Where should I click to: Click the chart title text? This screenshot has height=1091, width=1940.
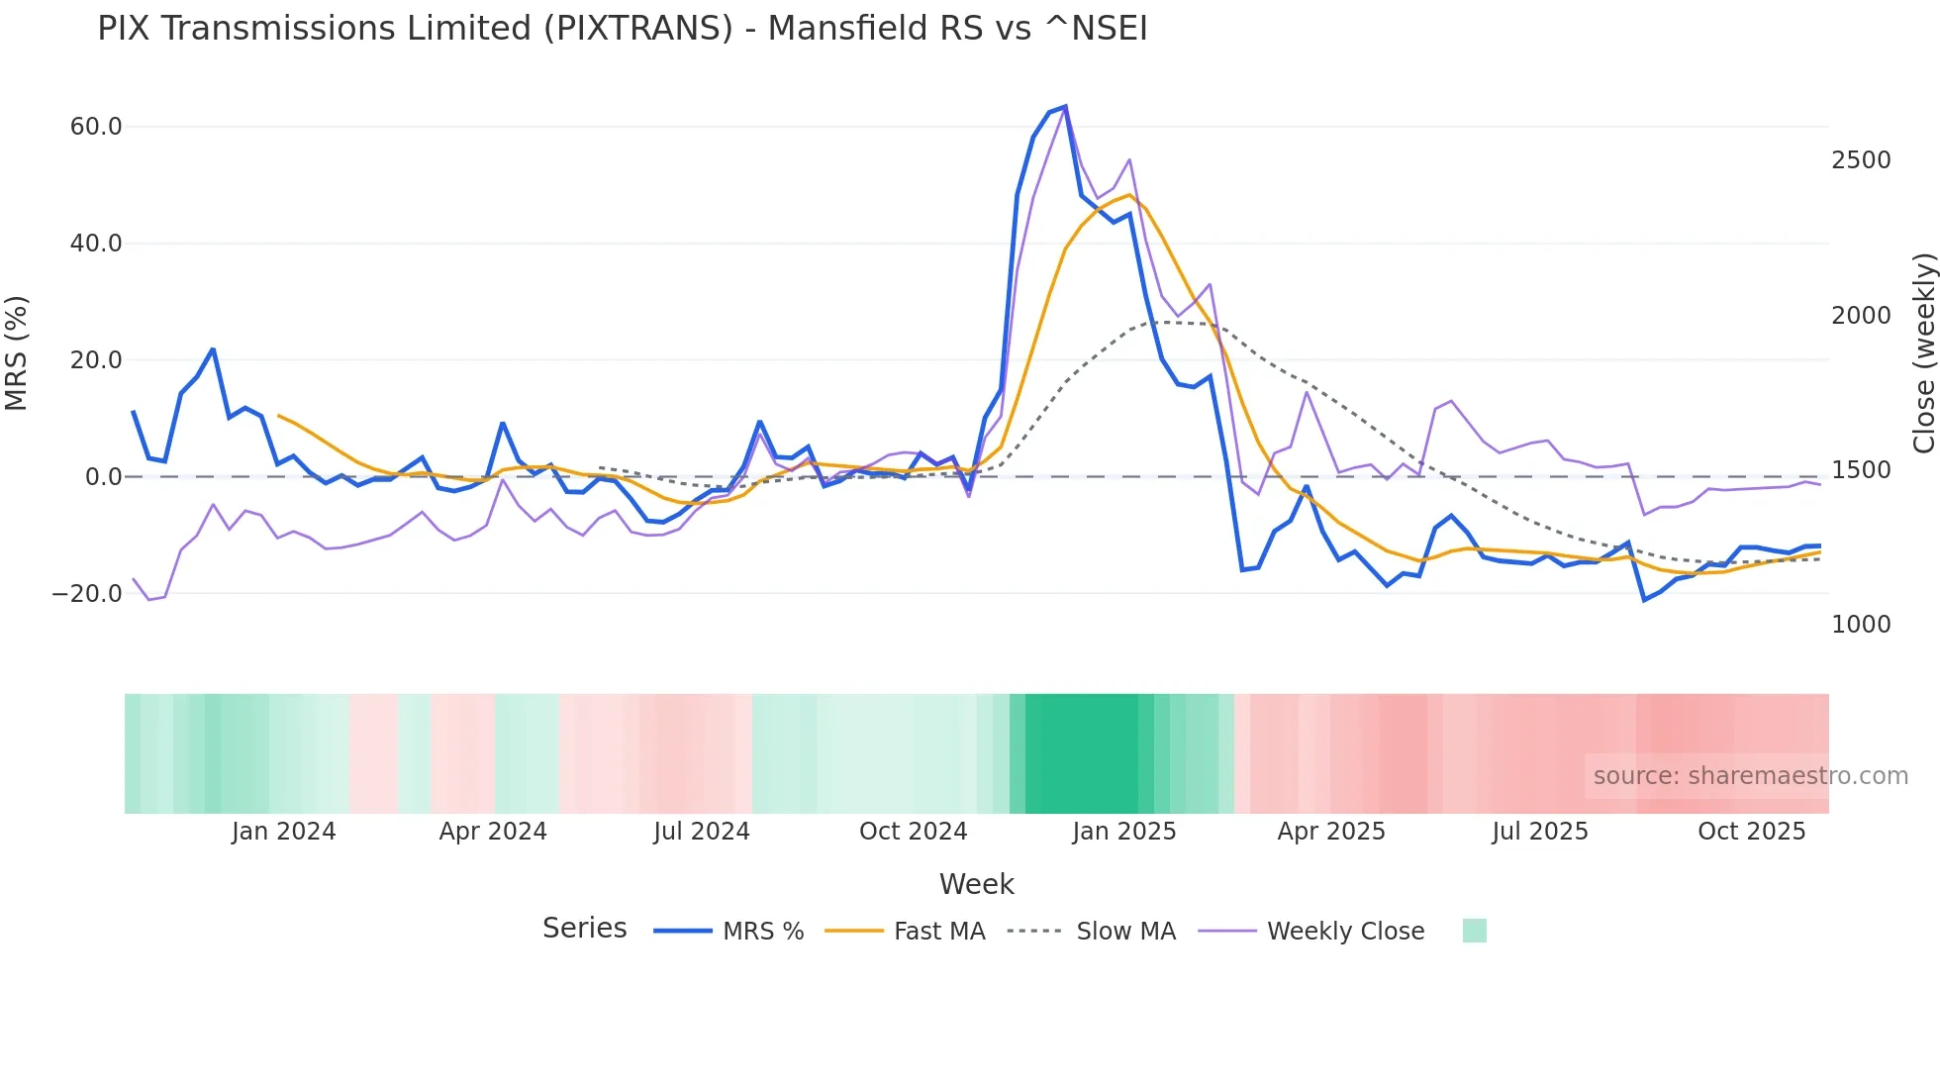(622, 29)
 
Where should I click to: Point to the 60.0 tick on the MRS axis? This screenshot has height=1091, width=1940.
(96, 127)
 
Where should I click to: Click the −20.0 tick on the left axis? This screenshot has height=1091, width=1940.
(87, 594)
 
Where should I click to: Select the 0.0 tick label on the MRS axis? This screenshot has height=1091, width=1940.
(104, 477)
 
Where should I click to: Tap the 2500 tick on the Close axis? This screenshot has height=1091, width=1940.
(1861, 160)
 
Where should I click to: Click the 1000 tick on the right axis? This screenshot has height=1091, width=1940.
(1861, 625)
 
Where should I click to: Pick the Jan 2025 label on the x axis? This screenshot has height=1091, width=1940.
(1123, 832)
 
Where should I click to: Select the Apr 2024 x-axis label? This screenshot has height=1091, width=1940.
(493, 832)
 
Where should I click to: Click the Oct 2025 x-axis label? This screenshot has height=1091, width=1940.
(1751, 832)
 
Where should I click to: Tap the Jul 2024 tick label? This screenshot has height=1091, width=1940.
(701, 832)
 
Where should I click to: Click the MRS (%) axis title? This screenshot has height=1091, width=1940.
(17, 353)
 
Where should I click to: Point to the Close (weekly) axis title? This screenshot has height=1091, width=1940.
(1923, 353)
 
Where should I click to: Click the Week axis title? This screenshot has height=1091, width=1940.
(976, 884)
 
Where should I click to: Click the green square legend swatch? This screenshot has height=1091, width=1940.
(1474, 931)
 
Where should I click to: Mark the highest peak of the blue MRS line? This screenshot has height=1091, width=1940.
(1065, 106)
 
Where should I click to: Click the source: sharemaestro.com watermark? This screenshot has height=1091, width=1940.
(1750, 776)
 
